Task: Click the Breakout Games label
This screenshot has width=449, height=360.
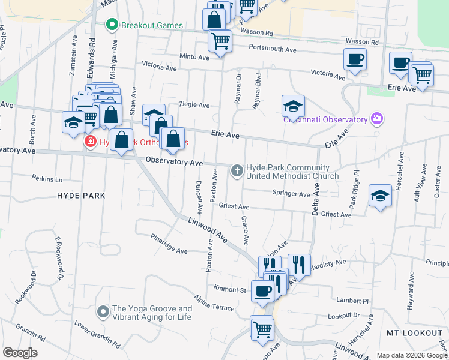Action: tap(151, 25)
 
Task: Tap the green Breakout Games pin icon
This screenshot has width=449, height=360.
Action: tap(111, 25)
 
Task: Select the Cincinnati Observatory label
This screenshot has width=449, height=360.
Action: tap(325, 119)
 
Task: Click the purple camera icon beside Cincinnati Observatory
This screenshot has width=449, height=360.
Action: tap(376, 118)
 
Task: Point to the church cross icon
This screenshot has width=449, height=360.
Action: tap(237, 172)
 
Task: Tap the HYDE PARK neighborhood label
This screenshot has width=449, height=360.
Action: tap(81, 196)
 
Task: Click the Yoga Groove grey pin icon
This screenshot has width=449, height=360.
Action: tap(103, 311)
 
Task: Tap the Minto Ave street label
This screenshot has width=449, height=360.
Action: tap(194, 58)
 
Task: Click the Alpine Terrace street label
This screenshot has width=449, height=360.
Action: tap(214, 303)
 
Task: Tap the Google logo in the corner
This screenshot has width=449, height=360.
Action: tap(20, 353)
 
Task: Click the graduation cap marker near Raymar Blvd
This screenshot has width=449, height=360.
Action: tap(292, 106)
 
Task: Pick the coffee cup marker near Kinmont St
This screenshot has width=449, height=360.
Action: tap(262, 291)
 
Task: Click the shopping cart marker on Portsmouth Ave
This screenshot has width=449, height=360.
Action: tap(221, 41)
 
